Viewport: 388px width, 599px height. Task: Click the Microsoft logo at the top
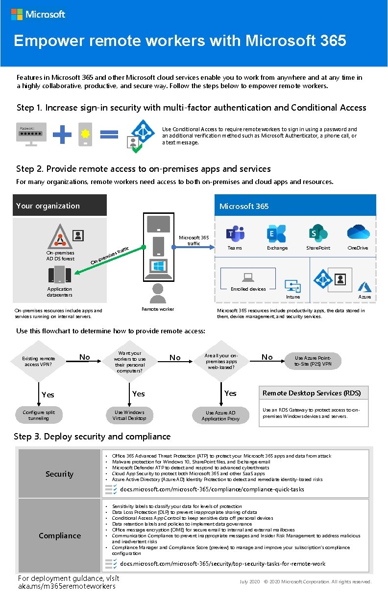(x=38, y=14)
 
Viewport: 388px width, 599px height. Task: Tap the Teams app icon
(x=235, y=233)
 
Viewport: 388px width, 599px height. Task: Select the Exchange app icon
(x=276, y=233)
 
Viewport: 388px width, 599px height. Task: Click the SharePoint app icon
(x=318, y=233)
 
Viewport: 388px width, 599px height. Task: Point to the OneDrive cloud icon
(x=358, y=232)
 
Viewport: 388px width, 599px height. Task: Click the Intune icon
(x=292, y=287)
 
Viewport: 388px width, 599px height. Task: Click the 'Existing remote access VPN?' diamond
(x=39, y=361)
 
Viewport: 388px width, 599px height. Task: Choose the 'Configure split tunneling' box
(x=39, y=415)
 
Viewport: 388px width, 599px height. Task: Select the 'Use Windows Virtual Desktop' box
(x=129, y=415)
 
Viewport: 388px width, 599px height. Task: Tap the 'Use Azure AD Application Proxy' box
(x=220, y=415)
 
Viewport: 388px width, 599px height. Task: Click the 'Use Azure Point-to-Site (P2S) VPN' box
(x=313, y=361)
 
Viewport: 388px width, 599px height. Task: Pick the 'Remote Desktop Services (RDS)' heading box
(x=313, y=393)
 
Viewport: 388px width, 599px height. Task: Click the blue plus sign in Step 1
(x=62, y=135)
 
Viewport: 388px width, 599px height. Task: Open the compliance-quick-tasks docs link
(x=212, y=489)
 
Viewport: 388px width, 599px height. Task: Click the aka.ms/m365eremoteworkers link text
(x=67, y=586)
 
